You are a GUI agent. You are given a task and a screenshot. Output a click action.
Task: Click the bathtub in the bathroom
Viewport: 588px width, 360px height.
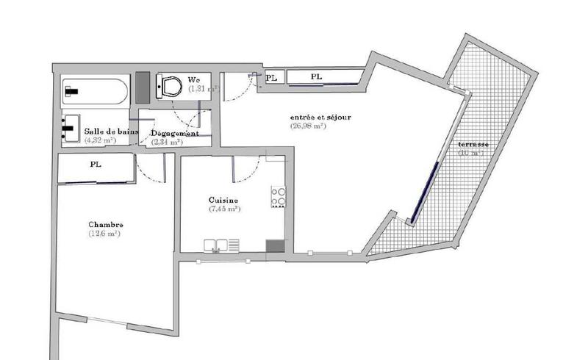(95, 91)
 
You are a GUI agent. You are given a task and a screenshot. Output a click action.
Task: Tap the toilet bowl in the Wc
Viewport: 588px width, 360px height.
(171, 87)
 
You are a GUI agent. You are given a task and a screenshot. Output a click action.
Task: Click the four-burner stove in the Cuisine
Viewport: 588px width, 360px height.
(279, 197)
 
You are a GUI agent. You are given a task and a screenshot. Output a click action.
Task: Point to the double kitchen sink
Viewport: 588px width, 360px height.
(221, 245)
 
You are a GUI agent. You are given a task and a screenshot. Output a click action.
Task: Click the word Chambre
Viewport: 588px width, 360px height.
(106, 224)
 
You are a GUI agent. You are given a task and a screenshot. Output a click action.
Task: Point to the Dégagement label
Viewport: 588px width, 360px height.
(174, 134)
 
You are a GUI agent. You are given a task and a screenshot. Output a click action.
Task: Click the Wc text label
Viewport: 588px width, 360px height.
(194, 79)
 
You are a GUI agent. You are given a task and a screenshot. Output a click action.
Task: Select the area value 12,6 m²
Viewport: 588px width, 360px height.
(104, 234)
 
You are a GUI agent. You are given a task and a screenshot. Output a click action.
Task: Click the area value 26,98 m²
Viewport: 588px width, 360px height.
(308, 126)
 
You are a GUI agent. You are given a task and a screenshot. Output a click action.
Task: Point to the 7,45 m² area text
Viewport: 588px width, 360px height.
(225, 209)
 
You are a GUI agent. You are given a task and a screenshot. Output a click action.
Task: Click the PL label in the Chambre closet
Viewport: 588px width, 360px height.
(96, 165)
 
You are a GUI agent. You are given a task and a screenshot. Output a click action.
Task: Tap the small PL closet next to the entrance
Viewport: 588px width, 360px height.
(271, 76)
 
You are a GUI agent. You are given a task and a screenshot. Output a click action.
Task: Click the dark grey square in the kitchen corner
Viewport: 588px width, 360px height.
(276, 247)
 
